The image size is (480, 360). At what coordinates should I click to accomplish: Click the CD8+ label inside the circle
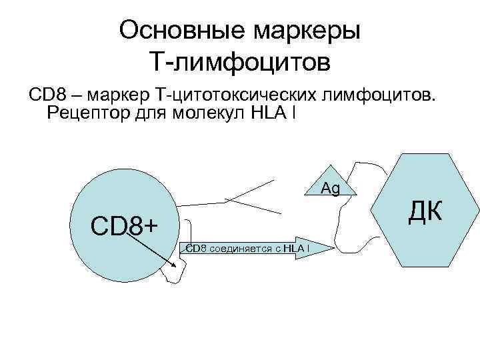[125, 226]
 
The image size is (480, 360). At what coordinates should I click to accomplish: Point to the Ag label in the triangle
[330, 189]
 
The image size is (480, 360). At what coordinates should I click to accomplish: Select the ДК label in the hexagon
[425, 211]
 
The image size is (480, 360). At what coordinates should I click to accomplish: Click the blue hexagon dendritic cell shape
[427, 240]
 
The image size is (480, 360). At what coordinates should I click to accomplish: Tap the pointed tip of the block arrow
[317, 249]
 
